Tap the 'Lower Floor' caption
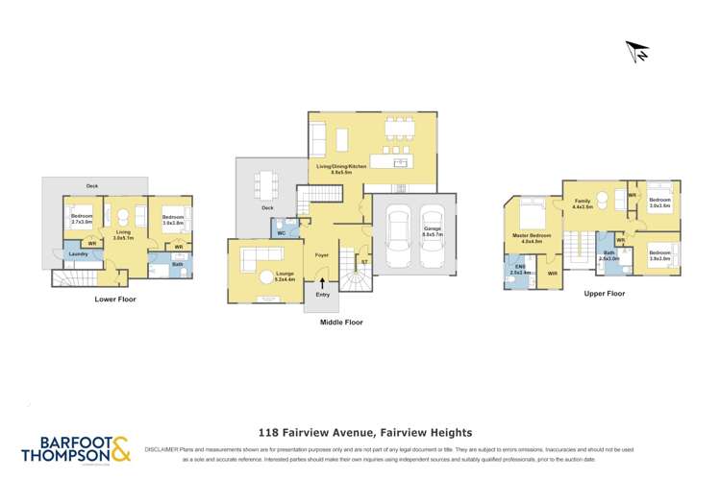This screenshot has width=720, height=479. tap(114, 299)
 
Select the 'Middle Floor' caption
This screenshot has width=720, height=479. tap(341, 323)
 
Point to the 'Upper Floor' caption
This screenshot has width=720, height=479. tap(604, 294)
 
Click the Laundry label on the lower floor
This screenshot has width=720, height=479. tap(78, 254)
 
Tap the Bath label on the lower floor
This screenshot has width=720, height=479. tap(178, 264)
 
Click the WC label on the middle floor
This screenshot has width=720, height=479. tap(282, 232)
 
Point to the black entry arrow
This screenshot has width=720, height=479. tap(322, 281)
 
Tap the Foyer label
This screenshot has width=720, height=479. tap(322, 254)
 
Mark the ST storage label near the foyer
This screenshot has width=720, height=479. tap(363, 260)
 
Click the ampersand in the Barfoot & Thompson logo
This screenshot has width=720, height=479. tap(120, 448)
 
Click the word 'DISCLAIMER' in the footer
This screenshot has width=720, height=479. tap(163, 448)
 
